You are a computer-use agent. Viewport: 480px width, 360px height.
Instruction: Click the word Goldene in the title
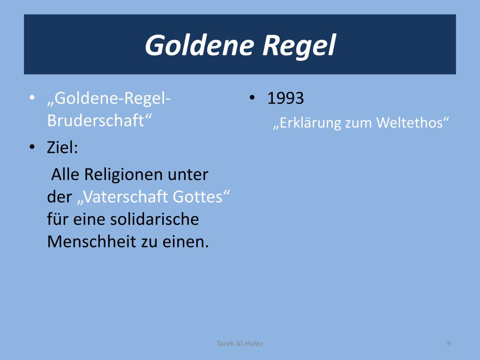pos(199,45)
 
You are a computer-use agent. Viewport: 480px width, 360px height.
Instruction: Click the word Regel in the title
pos(300,45)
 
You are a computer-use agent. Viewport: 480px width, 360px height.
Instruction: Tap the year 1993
pos(285,98)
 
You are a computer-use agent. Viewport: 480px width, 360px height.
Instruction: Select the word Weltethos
pos(412,122)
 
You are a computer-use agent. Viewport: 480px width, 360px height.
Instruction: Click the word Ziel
pos(62,147)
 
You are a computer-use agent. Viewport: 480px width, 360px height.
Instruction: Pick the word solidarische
pos(154,219)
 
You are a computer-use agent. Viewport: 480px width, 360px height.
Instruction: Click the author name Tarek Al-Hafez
pos(240,344)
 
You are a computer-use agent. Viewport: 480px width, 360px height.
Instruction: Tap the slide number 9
pos(449,344)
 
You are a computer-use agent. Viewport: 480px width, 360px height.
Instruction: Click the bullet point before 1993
pos(252,98)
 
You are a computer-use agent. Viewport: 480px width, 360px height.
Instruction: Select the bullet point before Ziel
pos(32,147)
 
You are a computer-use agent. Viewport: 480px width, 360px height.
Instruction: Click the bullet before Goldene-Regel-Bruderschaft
pos(32,98)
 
